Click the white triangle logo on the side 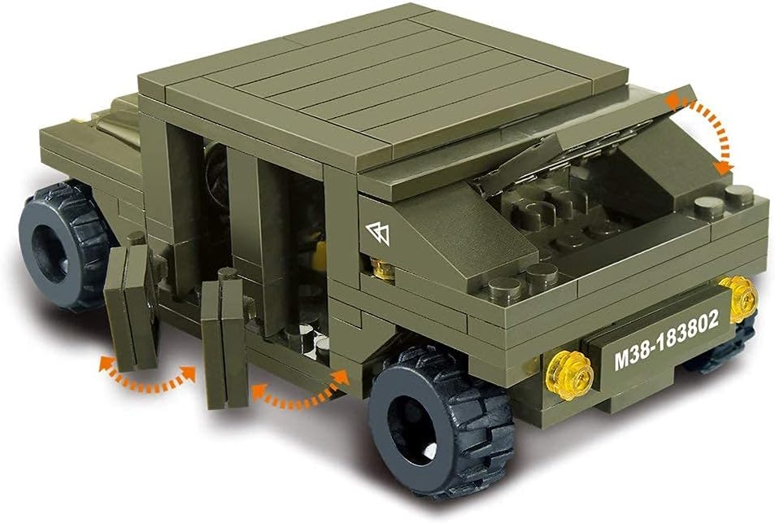378,233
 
